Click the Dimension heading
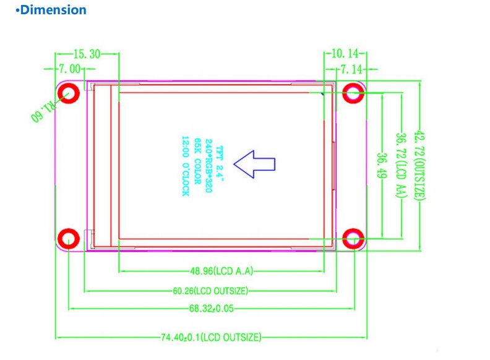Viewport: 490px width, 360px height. [51, 10]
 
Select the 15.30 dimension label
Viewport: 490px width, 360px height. [87, 54]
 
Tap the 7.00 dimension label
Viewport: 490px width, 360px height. [70, 69]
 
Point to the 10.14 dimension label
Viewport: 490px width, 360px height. [345, 54]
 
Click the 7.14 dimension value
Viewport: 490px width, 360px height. [351, 69]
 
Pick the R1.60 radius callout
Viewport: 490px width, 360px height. [44, 111]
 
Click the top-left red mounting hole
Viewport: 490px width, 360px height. [69, 93]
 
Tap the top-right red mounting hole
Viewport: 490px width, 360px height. [353, 93]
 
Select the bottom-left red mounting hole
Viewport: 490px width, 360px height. [69, 239]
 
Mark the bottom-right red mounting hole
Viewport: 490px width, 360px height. [353, 239]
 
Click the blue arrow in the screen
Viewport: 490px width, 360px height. [254, 164]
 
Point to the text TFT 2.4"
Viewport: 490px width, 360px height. [220, 164]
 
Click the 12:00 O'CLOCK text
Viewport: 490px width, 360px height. [186, 166]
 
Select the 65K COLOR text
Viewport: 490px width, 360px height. [197, 161]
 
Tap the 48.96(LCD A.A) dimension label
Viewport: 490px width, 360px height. [221, 271]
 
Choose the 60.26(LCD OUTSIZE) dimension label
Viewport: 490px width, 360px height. [210, 291]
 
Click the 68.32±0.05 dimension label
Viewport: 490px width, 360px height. [212, 309]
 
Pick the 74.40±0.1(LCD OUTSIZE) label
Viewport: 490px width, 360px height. [211, 337]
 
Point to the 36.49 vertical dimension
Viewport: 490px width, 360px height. [382, 166]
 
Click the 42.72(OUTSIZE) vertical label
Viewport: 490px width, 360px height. [419, 166]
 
